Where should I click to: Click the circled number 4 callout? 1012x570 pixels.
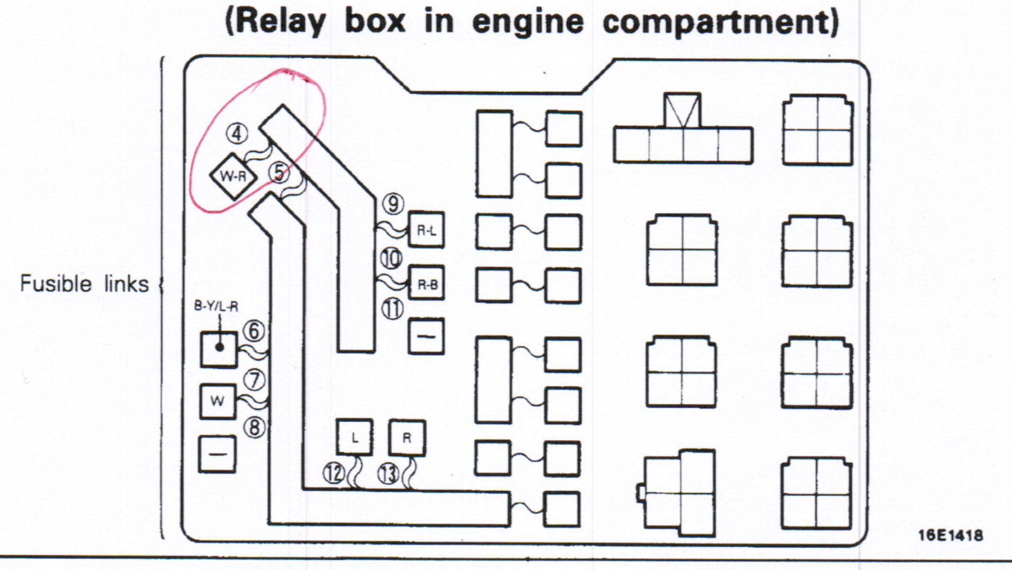pos(237,133)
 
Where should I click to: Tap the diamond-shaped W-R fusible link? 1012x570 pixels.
pos(233,176)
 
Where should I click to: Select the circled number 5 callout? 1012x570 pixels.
pos(279,172)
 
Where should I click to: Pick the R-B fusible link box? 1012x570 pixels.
pos(426,284)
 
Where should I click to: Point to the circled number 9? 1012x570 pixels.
pos(393,204)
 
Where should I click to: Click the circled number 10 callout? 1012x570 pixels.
pos(391,258)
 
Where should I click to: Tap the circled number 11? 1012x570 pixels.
pos(393,309)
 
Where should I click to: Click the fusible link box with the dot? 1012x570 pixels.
pos(218,349)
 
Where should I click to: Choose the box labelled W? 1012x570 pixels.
pos(218,401)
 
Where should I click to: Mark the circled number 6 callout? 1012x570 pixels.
pos(254,331)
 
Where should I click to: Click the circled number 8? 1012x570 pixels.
pos(255,427)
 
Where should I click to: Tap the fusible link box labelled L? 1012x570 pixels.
pos(355,437)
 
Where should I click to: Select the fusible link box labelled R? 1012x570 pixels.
pos(406,437)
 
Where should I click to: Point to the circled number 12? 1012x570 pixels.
pos(334,474)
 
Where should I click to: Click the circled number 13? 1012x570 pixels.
pos(388,474)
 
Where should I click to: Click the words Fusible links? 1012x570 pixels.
pos(84,284)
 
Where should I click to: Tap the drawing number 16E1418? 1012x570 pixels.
pos(950,535)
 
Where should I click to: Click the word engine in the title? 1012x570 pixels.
pos(527,21)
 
